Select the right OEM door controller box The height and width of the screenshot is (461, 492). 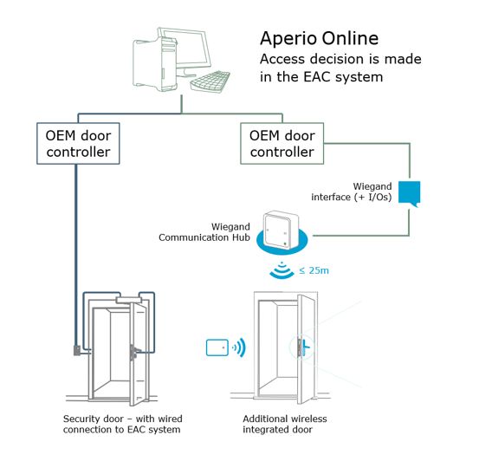[x=282, y=144]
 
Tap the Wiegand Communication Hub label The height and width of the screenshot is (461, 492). [x=204, y=233]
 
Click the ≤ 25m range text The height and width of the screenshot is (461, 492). [x=314, y=270]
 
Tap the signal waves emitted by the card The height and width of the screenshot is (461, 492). [x=239, y=348]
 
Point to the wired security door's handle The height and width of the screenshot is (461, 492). [x=136, y=351]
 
